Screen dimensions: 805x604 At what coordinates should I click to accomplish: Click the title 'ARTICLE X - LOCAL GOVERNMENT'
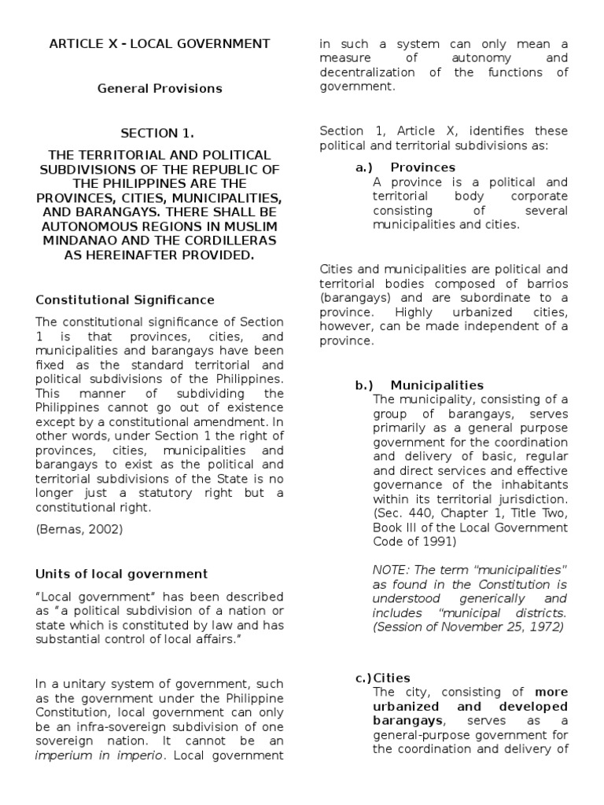tap(160, 43)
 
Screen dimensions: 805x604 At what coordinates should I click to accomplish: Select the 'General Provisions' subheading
tap(160, 89)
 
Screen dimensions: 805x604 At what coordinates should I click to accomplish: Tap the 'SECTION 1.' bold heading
tap(160, 134)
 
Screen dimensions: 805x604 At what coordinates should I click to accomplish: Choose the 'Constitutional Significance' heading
tap(125, 300)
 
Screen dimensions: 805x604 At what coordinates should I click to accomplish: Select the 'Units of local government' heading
tap(122, 574)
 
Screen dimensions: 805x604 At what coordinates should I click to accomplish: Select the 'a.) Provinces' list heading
tap(405, 167)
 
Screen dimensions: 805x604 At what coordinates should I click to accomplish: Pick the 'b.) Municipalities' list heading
tap(419, 385)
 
